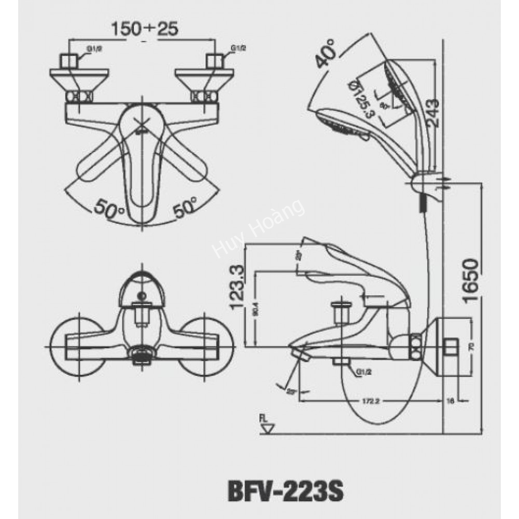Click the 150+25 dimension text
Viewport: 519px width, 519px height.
click(145, 29)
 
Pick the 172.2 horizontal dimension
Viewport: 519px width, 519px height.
click(369, 400)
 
